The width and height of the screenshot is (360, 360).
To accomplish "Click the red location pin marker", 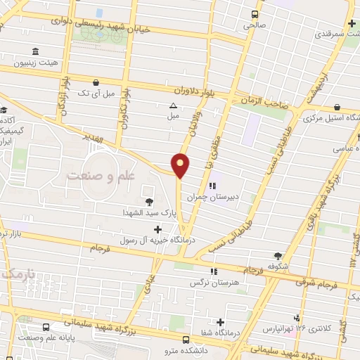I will click(x=181, y=165).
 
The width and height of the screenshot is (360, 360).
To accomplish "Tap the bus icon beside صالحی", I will click(x=254, y=13).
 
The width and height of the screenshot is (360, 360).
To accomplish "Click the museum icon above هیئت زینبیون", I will click(x=35, y=51).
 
